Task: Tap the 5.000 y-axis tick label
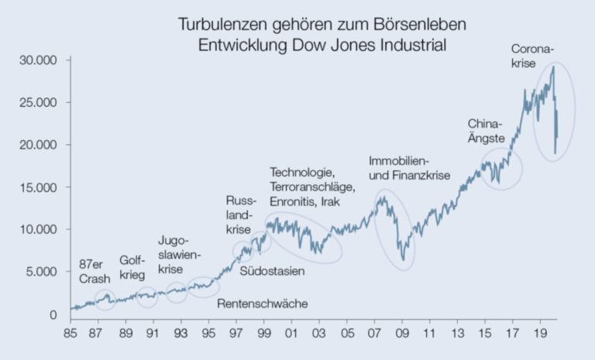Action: coord(47,273)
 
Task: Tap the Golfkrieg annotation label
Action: coord(132,267)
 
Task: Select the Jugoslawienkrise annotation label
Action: coord(179,255)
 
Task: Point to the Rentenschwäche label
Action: coord(262,303)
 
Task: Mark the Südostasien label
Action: coord(272,272)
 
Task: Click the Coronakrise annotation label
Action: coord(533,58)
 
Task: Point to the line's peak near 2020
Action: coord(554,67)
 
